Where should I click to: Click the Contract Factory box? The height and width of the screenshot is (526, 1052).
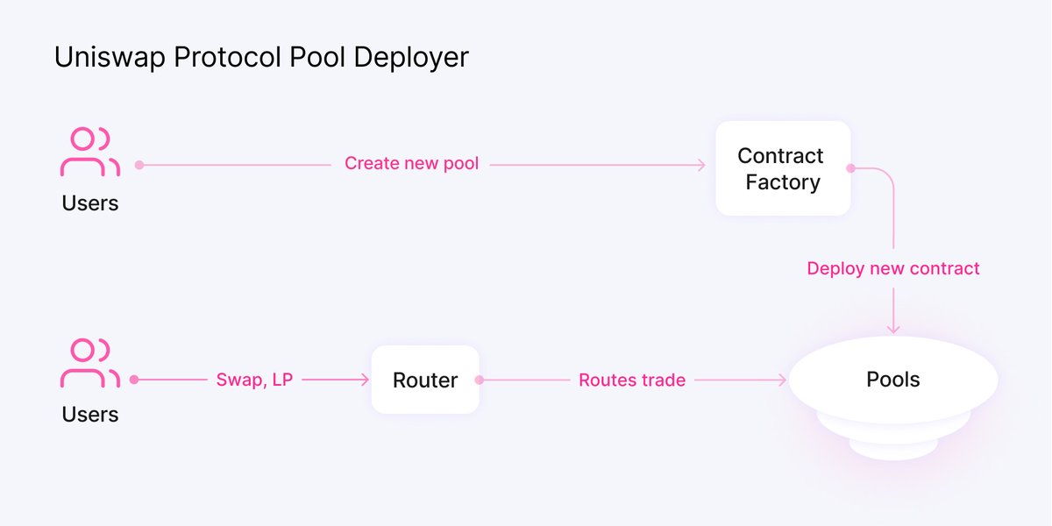point(782,168)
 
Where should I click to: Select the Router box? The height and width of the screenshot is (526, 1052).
point(425,380)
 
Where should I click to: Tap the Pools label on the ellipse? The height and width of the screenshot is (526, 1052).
point(893,380)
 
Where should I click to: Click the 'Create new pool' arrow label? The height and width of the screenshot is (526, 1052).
point(411,164)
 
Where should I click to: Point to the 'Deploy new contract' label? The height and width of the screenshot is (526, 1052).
point(893,268)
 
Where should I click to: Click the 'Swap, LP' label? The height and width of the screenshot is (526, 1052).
point(255,380)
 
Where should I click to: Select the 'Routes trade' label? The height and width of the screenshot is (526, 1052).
point(632,380)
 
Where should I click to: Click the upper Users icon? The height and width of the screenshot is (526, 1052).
point(89,152)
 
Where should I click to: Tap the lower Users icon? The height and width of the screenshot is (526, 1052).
point(89,363)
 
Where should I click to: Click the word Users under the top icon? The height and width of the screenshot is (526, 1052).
point(89,203)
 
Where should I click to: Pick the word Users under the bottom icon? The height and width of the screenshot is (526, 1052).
point(89,414)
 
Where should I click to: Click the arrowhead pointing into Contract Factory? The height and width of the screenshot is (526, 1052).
point(701,164)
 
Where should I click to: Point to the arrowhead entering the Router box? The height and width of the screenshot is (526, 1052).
point(365,380)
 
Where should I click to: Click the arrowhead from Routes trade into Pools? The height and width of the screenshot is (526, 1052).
point(783,380)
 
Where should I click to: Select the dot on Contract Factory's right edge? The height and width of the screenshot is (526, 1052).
point(850,167)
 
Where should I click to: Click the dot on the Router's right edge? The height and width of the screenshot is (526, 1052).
point(479,380)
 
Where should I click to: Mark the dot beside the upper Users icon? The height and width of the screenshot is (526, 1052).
point(139,164)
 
